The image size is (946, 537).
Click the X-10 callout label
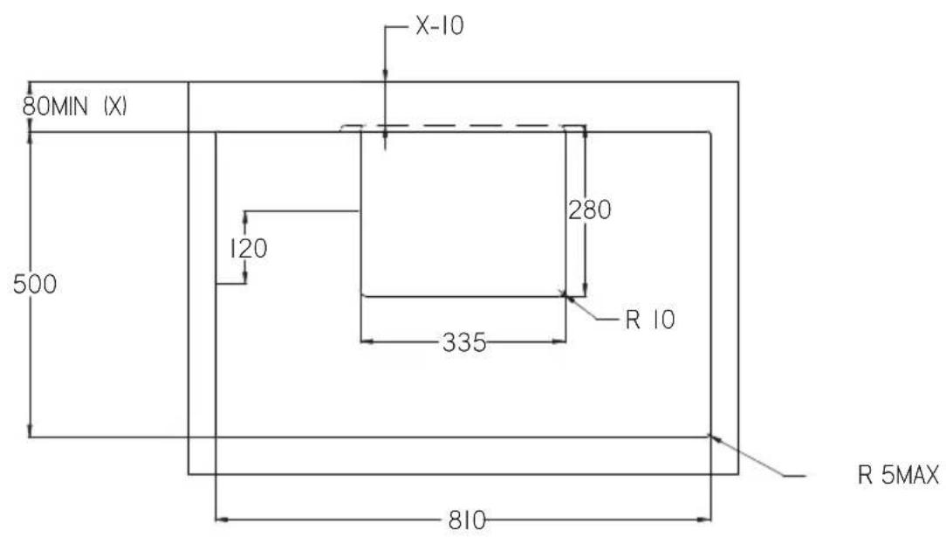(x=440, y=26)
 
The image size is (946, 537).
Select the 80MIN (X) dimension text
(x=75, y=107)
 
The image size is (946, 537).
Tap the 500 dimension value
(x=35, y=284)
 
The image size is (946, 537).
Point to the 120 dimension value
(x=248, y=248)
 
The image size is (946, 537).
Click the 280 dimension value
(x=589, y=210)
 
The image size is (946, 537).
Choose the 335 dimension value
(x=464, y=342)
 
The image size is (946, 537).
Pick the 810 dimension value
(x=467, y=520)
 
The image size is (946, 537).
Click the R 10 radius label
(x=650, y=320)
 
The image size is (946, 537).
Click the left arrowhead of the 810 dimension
(x=222, y=519)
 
